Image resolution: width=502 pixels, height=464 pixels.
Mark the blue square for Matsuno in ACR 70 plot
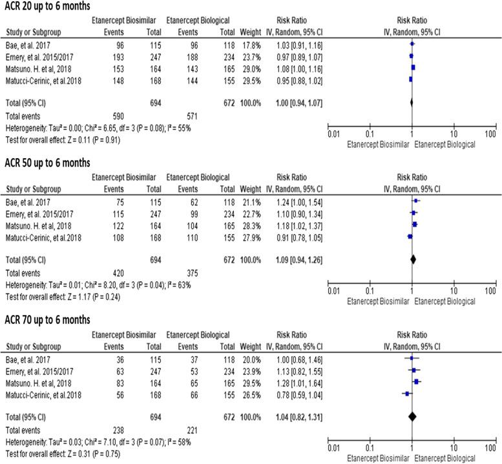(417, 382)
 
